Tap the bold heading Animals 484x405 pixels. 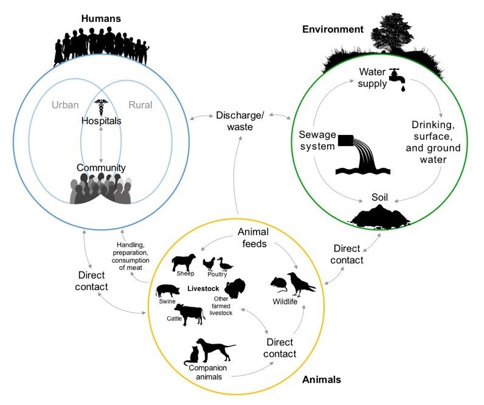pos(321,380)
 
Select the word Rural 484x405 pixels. pos(140,105)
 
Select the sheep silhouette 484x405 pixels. pos(183,263)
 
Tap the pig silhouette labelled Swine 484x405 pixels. pos(168,290)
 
